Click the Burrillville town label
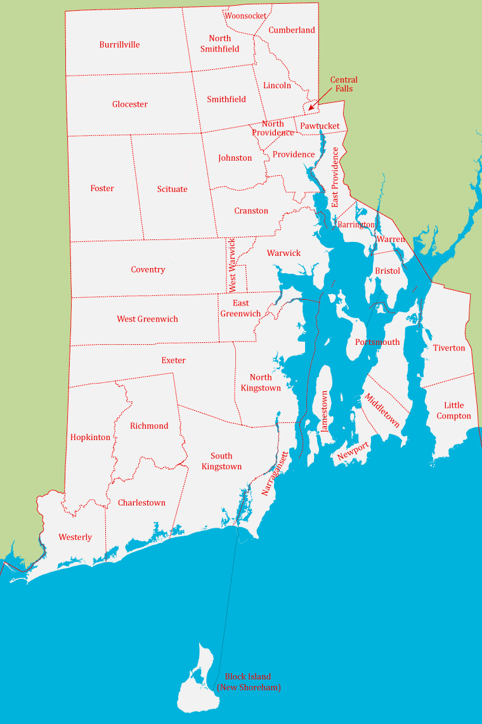(x=119, y=45)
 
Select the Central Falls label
(x=344, y=84)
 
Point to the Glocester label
(x=130, y=104)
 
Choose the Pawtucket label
(x=320, y=126)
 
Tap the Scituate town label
(x=173, y=189)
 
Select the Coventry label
(x=148, y=270)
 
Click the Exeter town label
(x=173, y=361)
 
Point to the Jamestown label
(x=325, y=410)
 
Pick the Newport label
(x=353, y=450)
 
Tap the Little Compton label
(x=453, y=410)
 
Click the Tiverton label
(x=449, y=348)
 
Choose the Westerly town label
(x=75, y=537)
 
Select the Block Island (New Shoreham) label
(x=248, y=682)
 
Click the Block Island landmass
(x=196, y=689)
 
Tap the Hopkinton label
(x=90, y=438)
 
